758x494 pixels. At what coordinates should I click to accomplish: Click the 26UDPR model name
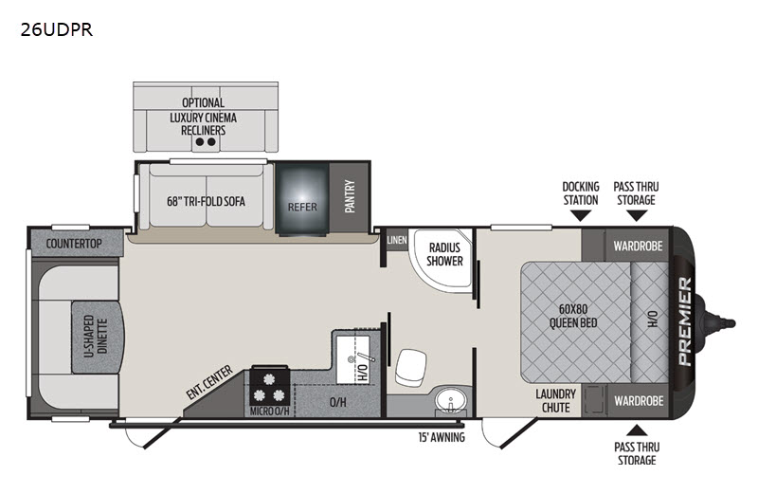[x=56, y=30]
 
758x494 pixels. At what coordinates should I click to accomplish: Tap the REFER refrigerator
[x=302, y=199]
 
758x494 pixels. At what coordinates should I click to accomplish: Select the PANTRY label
[x=350, y=196]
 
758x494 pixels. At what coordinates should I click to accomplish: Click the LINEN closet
[x=397, y=240]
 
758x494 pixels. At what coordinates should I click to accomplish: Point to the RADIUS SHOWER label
[x=444, y=254]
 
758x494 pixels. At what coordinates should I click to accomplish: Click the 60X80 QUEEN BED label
[x=573, y=316]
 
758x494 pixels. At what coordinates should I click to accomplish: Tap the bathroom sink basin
[x=451, y=400]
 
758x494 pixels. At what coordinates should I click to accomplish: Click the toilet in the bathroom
[x=410, y=367]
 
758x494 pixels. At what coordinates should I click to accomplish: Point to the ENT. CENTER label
[x=209, y=382]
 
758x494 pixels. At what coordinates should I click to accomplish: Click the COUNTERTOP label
[x=74, y=244]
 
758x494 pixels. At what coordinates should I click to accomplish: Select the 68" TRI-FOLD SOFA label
[x=206, y=201]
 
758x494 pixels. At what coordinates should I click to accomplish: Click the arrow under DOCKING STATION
[x=580, y=216]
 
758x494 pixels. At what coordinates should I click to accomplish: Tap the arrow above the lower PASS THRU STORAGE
[x=637, y=430]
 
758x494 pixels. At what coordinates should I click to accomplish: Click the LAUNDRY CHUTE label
[x=555, y=401]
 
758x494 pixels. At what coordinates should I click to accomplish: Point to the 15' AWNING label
[x=442, y=437]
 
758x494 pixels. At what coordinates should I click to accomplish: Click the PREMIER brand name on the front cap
[x=685, y=321]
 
